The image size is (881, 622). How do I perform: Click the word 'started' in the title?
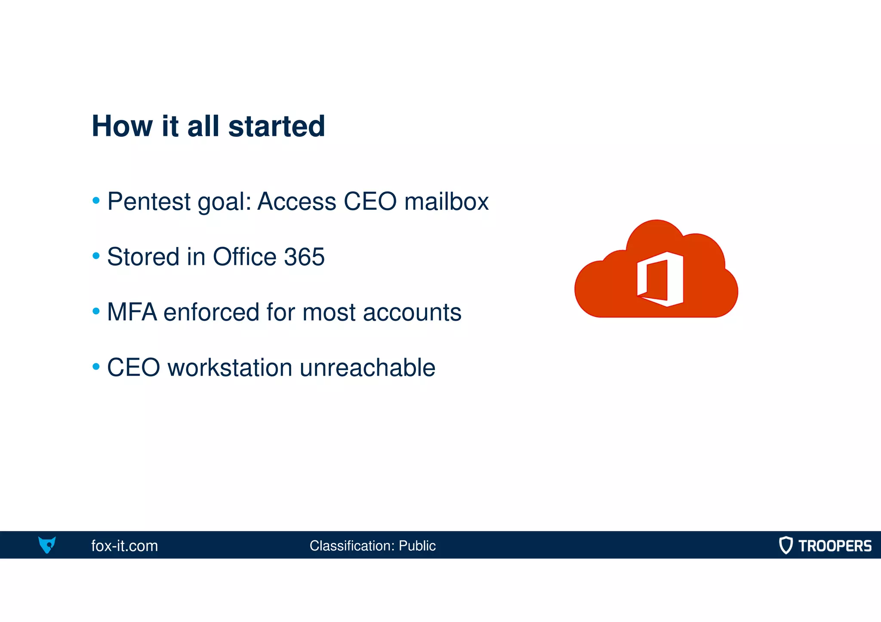click(276, 126)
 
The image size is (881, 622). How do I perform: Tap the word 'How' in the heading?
click(122, 126)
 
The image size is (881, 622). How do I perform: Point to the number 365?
click(304, 257)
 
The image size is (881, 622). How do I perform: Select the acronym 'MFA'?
click(132, 312)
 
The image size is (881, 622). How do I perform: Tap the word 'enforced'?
click(211, 312)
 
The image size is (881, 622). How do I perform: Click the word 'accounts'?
click(412, 312)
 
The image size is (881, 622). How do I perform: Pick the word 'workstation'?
click(230, 368)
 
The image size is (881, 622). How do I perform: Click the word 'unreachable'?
click(367, 368)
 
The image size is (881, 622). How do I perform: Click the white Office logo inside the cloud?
click(660, 279)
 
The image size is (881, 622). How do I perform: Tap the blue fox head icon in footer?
click(47, 545)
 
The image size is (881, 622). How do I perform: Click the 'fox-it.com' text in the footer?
click(124, 545)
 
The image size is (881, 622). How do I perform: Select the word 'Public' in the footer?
click(417, 545)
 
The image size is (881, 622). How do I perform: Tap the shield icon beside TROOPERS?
click(786, 545)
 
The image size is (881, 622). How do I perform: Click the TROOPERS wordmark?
click(835, 545)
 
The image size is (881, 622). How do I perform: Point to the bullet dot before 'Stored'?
click(96, 256)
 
